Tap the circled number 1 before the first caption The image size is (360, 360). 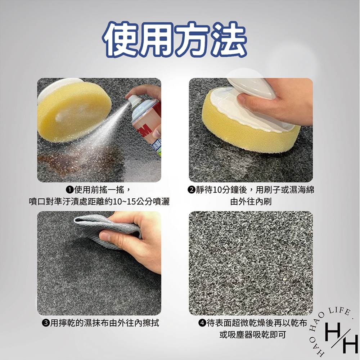click(70, 190)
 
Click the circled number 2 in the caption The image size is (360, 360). click(192, 190)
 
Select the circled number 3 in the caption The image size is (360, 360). click(46, 323)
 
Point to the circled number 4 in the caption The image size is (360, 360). click(202, 323)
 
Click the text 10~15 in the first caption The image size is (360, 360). click(123, 202)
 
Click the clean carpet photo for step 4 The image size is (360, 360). click(251, 263)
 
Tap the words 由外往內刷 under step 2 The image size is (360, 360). click(251, 202)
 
